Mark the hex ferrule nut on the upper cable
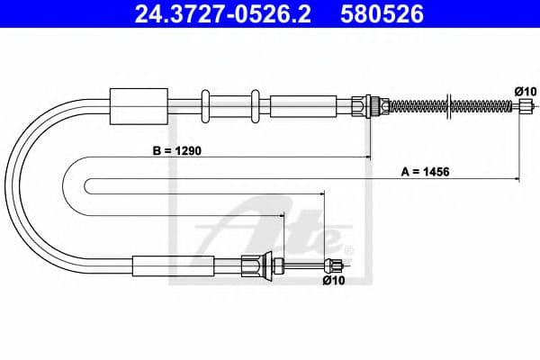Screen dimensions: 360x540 (366, 104)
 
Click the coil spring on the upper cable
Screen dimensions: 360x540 (450, 105)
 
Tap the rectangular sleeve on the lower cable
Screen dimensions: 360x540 (173, 265)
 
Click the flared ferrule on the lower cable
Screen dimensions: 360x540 (256, 265)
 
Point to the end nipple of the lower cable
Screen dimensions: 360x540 (336, 265)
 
